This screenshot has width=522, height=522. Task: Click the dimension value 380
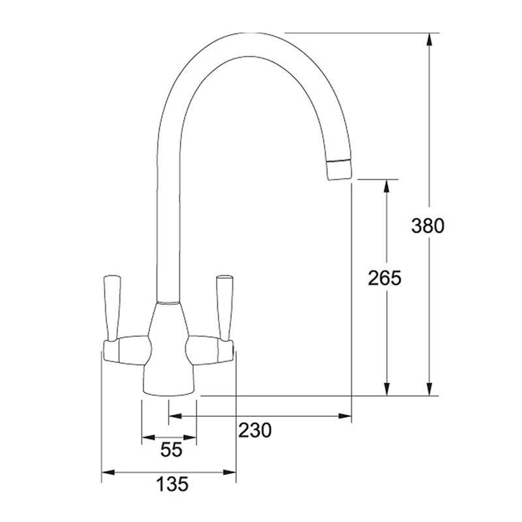[428, 226]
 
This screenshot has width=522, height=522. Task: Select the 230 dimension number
[254, 431]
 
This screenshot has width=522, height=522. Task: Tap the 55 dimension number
[170, 450]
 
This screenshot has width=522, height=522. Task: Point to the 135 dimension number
[172, 484]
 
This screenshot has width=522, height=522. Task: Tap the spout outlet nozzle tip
[339, 170]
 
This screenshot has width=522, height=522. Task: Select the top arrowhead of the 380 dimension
[429, 39]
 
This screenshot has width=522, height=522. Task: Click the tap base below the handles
[169, 382]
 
